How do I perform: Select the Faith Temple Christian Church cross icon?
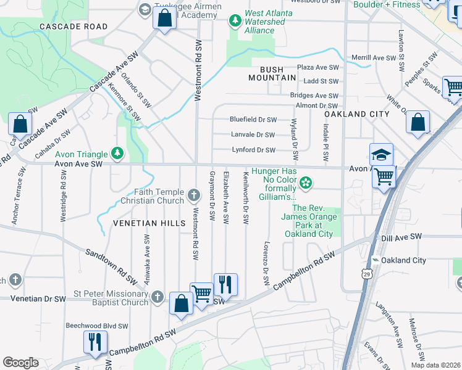tap(194, 196)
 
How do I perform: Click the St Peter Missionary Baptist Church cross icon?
tap(158, 298)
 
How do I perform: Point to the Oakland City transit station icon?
tap(374, 261)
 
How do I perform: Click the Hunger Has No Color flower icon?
tap(305, 183)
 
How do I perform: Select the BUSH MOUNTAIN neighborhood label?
tap(272, 73)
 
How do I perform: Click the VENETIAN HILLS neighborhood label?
tap(149, 223)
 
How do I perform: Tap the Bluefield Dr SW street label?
tap(253, 120)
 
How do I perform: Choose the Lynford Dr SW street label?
tap(253, 150)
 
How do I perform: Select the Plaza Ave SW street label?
tap(318, 67)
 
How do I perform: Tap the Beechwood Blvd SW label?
tap(97, 326)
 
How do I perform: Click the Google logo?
tap(20, 363)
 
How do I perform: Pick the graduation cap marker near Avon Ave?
tap(382, 155)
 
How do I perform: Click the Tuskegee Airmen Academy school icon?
tap(145, 9)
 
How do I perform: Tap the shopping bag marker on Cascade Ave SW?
tap(20, 125)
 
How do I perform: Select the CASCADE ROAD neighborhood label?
tap(73, 27)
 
